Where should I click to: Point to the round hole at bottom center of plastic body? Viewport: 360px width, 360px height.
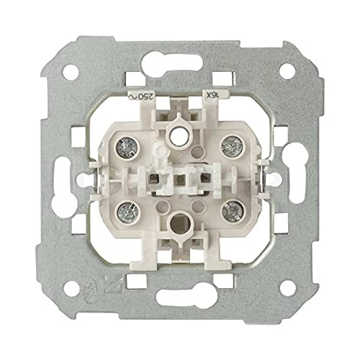click(x=178, y=222)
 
